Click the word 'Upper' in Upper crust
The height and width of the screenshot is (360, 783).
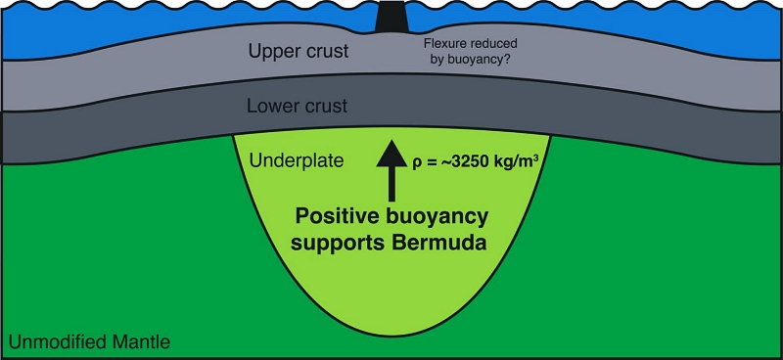[274, 51]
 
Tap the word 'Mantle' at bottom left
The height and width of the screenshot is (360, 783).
[143, 342]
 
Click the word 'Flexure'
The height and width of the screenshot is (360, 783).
[442, 43]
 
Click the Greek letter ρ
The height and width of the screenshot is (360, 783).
[417, 164]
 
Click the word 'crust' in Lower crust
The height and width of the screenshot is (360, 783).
[327, 107]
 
